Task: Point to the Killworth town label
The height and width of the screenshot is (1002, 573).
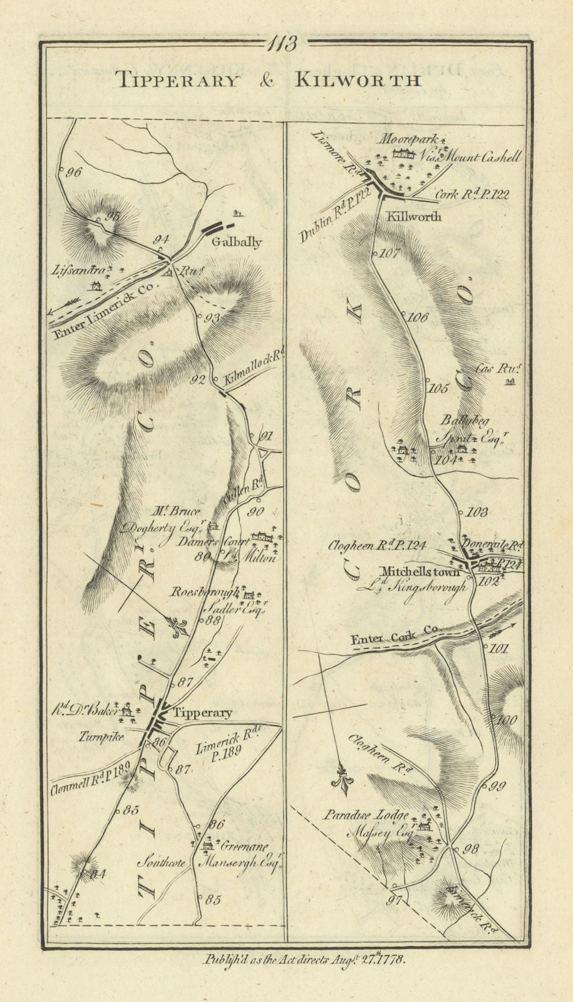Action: [x=414, y=216]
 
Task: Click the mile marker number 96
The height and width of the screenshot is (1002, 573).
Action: [x=73, y=173]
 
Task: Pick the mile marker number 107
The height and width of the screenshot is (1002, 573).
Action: [x=390, y=254]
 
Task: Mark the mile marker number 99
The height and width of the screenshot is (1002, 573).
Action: [x=496, y=786]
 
